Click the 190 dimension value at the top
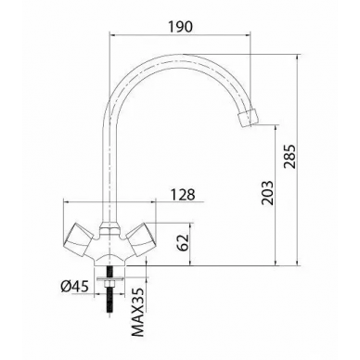click(180, 27)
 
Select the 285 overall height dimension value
click(290, 156)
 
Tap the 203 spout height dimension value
click(267, 193)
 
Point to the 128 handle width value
click(183, 195)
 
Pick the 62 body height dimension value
click(183, 243)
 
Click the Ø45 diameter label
click(75, 287)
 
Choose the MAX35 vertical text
click(138, 312)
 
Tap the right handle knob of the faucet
click(141, 239)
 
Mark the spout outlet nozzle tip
click(248, 118)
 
